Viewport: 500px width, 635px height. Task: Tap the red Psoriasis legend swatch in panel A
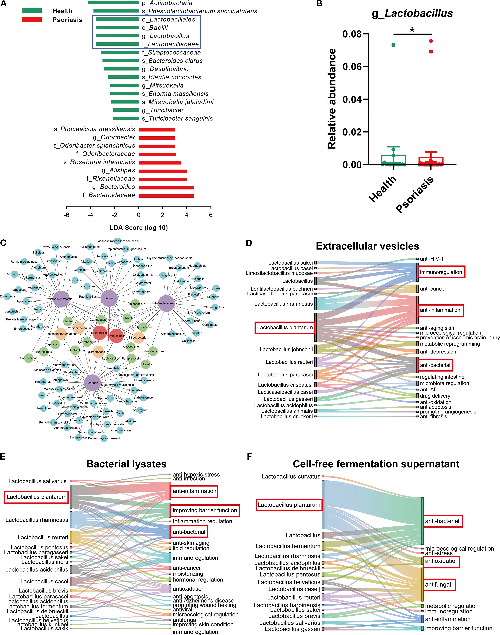(32, 20)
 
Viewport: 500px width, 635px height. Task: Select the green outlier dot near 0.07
(393, 45)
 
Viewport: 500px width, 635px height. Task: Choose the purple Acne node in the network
(109, 298)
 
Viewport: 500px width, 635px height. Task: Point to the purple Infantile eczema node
(166, 303)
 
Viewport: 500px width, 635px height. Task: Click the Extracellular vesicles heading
(367, 246)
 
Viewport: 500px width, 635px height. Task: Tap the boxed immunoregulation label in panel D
(441, 272)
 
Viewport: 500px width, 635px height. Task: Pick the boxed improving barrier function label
(205, 510)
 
